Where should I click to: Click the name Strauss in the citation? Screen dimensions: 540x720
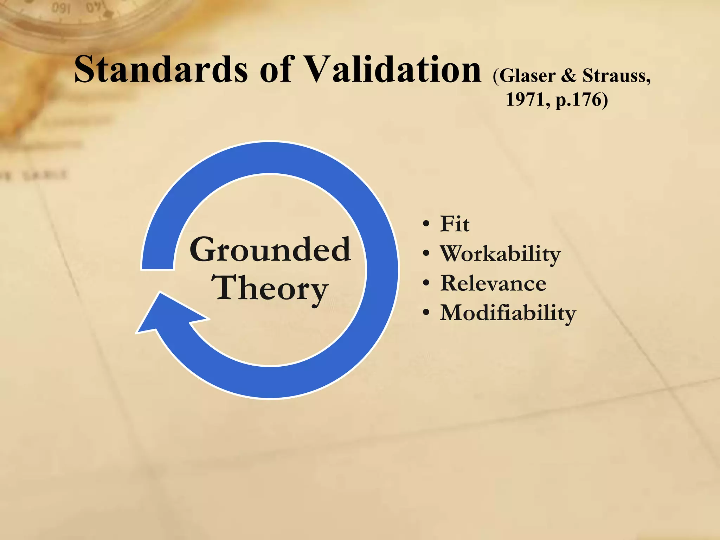[x=616, y=76]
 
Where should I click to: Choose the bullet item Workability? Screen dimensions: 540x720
[x=500, y=253]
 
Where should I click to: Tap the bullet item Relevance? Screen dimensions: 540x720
[x=493, y=283]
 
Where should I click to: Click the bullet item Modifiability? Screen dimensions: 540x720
[x=508, y=313]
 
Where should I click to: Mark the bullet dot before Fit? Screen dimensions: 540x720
[x=426, y=224]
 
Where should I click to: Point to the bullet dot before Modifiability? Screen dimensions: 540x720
[x=426, y=312]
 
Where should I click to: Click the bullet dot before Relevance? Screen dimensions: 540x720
[x=426, y=283]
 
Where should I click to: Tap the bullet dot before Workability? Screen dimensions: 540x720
[x=426, y=253]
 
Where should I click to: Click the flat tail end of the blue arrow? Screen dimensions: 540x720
[x=157, y=269]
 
